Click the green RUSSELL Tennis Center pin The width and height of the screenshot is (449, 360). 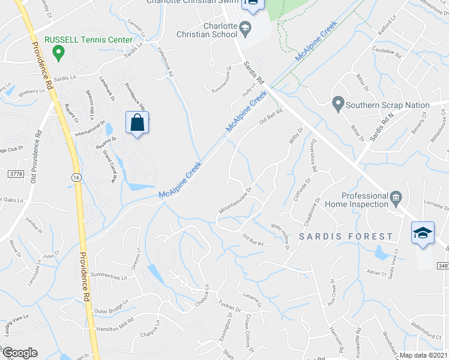[58, 53]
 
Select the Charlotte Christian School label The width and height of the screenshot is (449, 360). [208, 31]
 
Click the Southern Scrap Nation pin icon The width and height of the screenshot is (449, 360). [338, 105]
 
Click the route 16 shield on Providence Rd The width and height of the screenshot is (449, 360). [75, 178]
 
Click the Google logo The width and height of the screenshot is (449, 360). [19, 353]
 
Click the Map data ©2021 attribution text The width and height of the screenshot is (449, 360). [423, 355]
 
